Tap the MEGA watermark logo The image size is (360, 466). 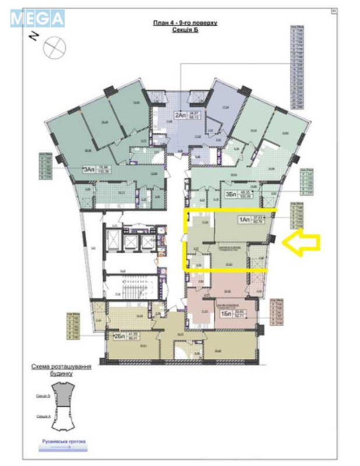click(37, 19)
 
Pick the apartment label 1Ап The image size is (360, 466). click(243, 220)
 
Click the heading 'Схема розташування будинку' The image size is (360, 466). click(61, 369)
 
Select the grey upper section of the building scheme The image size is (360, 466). click(61, 394)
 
